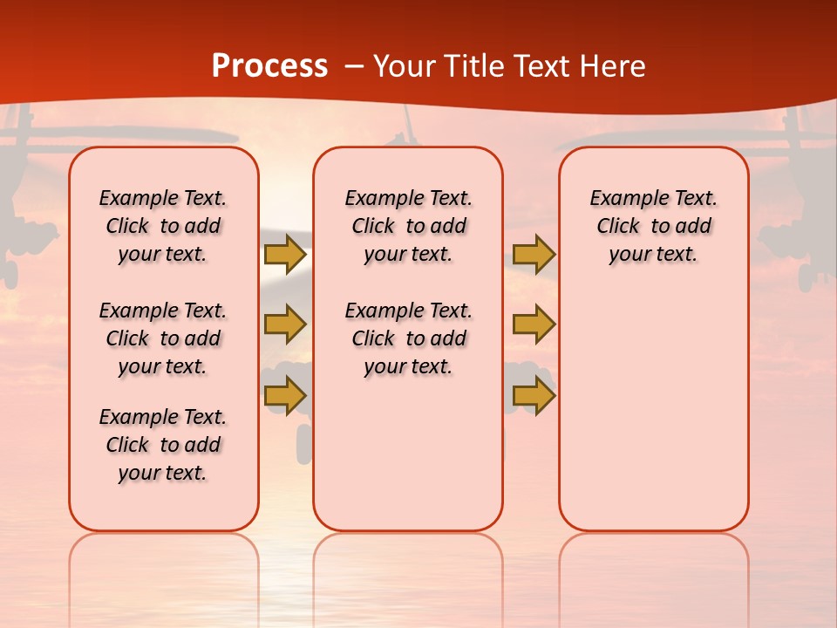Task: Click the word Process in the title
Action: pos(269,66)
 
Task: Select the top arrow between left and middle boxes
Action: pos(285,254)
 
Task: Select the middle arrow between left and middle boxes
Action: pos(285,324)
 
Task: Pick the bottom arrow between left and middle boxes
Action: pos(285,395)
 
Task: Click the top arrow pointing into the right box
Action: pos(534,254)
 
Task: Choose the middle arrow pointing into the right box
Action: pos(534,324)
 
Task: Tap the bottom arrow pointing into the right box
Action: pos(534,395)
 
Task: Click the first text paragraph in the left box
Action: pos(163,226)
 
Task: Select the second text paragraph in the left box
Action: pos(163,338)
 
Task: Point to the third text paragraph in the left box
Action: pos(163,445)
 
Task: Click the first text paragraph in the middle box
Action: pos(408,226)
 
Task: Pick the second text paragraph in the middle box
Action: pos(408,338)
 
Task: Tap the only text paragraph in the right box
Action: pos(654,226)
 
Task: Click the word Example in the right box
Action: pos(622,199)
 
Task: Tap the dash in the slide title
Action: pos(354,67)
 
